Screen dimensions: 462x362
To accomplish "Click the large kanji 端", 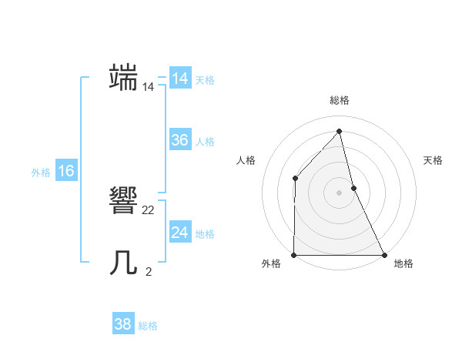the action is point(124,79).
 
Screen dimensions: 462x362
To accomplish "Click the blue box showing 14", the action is point(180,79).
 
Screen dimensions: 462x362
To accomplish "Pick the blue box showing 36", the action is point(180,140).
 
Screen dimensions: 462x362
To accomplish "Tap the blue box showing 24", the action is point(180,233).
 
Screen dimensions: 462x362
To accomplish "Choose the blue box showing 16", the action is point(66,171).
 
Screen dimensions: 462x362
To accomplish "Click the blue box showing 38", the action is point(123,324).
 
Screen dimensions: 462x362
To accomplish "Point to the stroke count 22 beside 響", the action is point(149,210).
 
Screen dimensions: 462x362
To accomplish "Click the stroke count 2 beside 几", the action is point(149,271).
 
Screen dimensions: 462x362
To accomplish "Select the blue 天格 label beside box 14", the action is point(205,80).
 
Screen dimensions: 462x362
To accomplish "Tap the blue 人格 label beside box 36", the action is point(205,142).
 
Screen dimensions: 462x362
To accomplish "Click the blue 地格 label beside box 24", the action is point(205,234).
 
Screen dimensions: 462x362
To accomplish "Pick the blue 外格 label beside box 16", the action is point(41,173).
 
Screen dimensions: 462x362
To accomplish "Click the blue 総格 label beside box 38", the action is point(148,326).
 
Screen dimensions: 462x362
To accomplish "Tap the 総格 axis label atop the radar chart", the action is point(340,100).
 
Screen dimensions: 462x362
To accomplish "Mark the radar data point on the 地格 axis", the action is point(383,255).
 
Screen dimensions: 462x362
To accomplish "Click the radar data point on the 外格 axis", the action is point(294,255).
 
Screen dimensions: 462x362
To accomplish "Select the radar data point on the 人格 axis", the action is point(295,179).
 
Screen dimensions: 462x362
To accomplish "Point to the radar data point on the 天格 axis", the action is point(353,188).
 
